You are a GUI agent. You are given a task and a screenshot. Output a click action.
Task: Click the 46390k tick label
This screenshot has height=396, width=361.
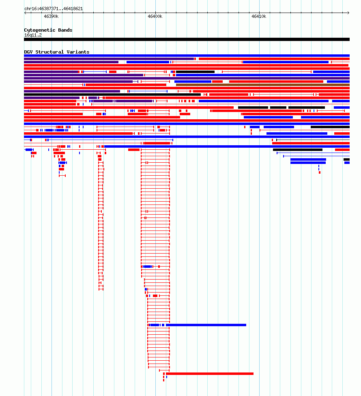tap(51, 16)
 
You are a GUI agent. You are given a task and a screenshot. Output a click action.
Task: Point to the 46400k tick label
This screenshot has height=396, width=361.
tap(155, 16)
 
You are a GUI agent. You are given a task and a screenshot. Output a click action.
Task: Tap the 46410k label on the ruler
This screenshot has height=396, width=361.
tap(259, 16)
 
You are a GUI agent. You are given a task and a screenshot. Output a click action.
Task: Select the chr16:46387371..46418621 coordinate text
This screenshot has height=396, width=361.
tap(54, 9)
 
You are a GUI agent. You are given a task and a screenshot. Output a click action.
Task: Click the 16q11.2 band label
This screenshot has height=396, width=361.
tap(33, 35)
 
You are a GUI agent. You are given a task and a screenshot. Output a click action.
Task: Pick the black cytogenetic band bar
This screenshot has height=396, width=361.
tap(187, 39)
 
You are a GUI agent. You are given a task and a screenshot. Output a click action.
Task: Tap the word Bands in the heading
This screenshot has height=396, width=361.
tap(65, 30)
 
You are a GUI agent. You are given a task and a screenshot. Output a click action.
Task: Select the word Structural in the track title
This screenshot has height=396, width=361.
tap(50, 52)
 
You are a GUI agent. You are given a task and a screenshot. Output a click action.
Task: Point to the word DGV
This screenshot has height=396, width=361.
tap(28, 52)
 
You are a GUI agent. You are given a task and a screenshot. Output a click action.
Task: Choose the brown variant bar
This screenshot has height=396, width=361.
tap(263, 85)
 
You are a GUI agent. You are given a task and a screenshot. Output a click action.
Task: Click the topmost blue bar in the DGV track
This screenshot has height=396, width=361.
tap(187, 56)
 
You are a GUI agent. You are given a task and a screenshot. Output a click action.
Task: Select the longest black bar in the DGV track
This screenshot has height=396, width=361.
tap(112, 95)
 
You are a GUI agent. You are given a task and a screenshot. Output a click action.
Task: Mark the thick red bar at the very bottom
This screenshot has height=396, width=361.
tap(210, 374)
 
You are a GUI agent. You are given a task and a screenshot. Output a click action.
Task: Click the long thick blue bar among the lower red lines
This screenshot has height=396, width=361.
tap(206, 325)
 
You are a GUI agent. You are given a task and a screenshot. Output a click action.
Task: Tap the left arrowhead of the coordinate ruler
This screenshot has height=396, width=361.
tap(25, 13)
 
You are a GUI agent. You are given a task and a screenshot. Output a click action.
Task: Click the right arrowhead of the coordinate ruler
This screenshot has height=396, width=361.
tap(348, 13)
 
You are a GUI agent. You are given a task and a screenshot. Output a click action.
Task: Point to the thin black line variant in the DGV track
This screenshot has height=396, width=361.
tap(313, 140)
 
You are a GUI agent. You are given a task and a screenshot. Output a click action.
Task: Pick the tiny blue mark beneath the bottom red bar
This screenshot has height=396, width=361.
tap(167, 377)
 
